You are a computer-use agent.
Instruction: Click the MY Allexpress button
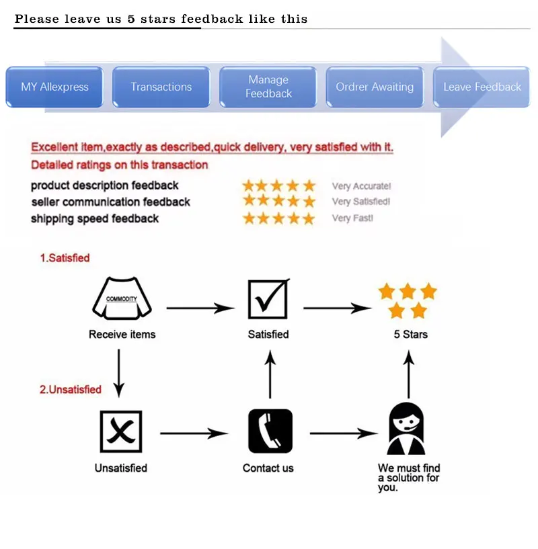(x=54, y=87)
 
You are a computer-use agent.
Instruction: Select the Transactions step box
(x=161, y=87)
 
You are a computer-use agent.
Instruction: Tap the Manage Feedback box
(x=268, y=87)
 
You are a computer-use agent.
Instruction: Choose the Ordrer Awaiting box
(x=375, y=87)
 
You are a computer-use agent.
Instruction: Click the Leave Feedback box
(x=482, y=87)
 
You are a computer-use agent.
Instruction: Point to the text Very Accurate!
(x=361, y=186)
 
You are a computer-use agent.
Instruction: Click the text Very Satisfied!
(x=361, y=202)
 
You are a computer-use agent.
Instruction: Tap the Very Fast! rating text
(x=352, y=218)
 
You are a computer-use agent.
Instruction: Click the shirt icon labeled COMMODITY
(x=122, y=299)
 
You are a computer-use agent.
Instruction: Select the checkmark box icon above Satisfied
(x=268, y=299)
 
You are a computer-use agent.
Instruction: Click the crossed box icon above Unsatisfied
(x=121, y=431)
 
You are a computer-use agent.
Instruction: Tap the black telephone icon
(x=270, y=431)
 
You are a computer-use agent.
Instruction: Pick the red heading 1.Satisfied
(x=65, y=258)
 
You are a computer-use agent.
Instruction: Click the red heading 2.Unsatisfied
(x=70, y=390)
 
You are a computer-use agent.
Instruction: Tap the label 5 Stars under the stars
(x=410, y=334)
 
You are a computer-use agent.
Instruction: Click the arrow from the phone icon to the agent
(x=343, y=433)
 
